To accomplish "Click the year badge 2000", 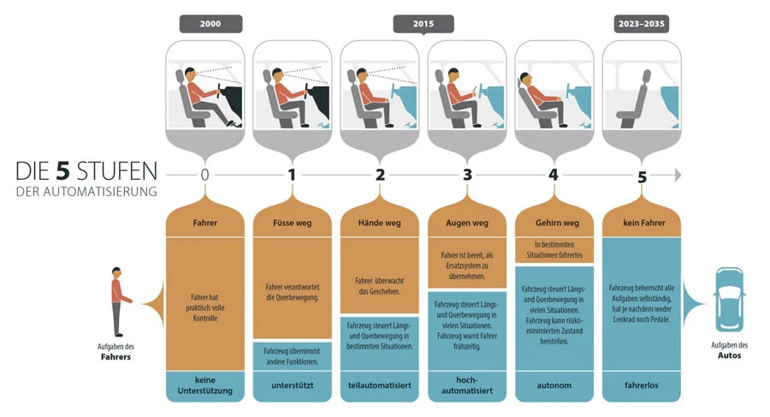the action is click(210, 24).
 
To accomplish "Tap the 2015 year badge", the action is click(423, 24).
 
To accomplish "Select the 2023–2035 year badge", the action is click(642, 24).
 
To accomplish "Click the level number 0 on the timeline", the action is click(204, 175).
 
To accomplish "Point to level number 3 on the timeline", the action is click(467, 175).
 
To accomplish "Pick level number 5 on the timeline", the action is click(642, 176).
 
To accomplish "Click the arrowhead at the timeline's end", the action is click(678, 175).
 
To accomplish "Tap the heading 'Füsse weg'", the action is click(293, 223).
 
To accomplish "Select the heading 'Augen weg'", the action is click(467, 223).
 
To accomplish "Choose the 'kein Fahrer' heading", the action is click(643, 223).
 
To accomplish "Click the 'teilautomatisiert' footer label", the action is click(380, 385).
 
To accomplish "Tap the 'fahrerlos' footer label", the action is click(642, 385).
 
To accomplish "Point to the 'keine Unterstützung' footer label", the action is click(204, 385).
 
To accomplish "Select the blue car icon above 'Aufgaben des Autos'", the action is click(729, 300).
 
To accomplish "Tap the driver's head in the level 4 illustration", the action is click(524, 79).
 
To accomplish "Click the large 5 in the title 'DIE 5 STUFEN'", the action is click(62, 170).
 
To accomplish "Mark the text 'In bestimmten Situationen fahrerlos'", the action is click(554, 250).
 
